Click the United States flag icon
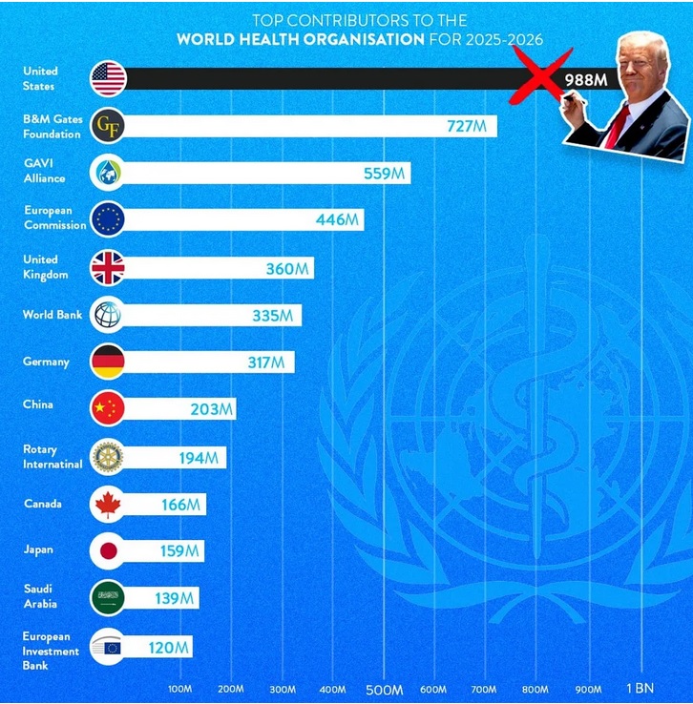[108, 78]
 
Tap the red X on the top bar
[539, 76]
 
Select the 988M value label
[586, 79]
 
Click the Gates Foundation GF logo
[108, 126]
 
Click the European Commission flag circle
[108, 219]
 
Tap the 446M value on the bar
[337, 219]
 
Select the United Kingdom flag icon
[108, 267]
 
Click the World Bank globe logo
[108, 315]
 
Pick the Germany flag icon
[108, 362]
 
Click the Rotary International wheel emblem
[108, 456]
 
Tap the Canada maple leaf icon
[108, 504]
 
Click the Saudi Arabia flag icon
[108, 598]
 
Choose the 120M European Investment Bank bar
[153, 648]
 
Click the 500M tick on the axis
[385, 690]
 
